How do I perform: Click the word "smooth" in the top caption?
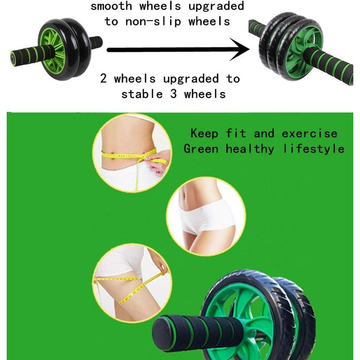[112, 6]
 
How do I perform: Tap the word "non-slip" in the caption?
[153, 22]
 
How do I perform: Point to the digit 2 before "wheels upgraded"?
[103, 78]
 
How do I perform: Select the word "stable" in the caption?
[142, 94]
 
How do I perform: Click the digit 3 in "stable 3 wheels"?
[174, 94]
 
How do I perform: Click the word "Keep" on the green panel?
[204, 133]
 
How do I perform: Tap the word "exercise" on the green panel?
[310, 134]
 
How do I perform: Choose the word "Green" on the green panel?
[201, 149]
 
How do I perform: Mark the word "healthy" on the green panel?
[250, 149]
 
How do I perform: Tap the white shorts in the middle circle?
[207, 217]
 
